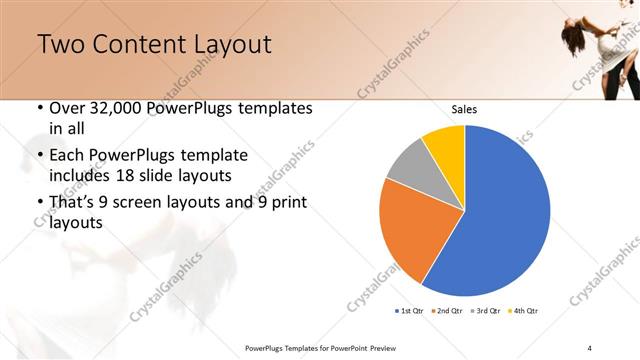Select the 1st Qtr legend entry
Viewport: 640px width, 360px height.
coord(410,311)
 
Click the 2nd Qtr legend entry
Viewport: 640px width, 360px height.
coord(447,311)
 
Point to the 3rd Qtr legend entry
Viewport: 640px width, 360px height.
coord(485,311)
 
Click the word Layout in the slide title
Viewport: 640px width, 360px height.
coord(227,45)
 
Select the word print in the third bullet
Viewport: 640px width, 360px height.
coord(287,204)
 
